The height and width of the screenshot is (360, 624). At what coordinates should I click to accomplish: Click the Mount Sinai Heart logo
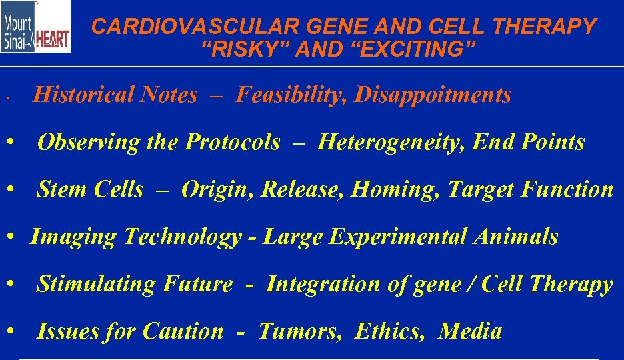pyautogui.click(x=35, y=27)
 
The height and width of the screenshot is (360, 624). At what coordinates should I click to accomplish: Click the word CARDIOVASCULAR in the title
pyautogui.click(x=168, y=27)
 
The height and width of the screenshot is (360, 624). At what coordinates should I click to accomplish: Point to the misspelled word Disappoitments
pyautogui.click(x=433, y=95)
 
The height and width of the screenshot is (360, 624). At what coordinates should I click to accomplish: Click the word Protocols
pyautogui.click(x=233, y=143)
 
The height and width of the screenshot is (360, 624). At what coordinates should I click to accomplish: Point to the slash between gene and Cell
pyautogui.click(x=473, y=285)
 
